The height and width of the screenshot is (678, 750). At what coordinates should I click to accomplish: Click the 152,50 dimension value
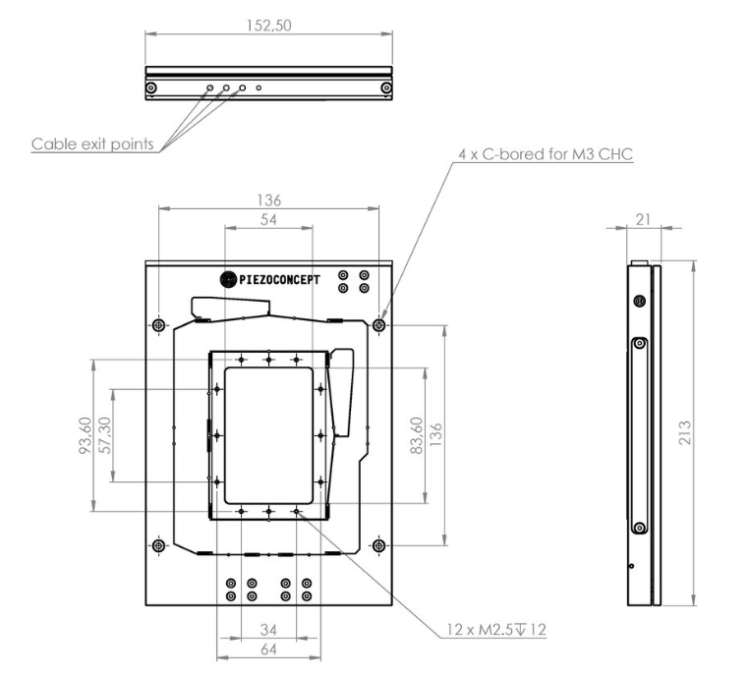268,26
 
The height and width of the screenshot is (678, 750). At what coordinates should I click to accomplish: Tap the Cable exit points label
92,143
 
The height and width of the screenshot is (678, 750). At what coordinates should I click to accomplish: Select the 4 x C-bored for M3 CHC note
546,154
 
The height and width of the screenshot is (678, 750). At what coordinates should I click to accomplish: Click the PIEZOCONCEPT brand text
279,280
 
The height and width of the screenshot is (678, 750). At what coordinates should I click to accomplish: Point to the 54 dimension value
268,219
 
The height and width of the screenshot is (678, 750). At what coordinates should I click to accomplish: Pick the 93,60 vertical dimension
86,435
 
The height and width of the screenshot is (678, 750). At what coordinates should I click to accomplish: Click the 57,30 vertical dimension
104,435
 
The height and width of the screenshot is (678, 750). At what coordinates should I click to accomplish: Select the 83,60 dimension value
417,435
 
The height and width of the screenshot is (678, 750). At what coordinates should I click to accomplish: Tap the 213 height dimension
685,432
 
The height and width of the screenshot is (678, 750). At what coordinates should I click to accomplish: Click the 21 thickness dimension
643,219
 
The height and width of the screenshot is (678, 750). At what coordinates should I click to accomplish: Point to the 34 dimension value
268,630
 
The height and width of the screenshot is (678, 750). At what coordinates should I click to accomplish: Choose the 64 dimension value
268,650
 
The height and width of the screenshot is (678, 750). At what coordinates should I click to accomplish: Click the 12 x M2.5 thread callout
496,629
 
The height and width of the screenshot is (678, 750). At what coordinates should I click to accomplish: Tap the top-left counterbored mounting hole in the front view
159,325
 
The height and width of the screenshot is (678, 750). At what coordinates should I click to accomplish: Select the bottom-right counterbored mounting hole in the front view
378,545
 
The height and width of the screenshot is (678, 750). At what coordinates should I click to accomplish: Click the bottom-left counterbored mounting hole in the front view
159,545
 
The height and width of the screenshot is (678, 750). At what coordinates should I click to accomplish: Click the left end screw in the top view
151,88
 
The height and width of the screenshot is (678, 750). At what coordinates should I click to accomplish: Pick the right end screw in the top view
386,88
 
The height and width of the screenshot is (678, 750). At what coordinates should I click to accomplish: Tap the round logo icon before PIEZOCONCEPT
228,280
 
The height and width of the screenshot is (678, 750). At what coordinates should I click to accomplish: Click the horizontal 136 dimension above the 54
268,200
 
